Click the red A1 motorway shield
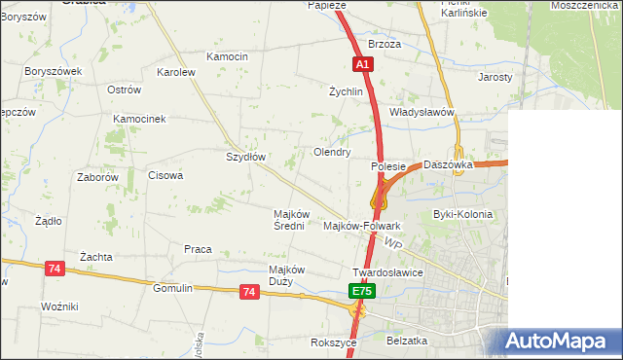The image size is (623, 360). [362, 63]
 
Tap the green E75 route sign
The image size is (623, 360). [361, 291]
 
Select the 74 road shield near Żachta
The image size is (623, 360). [55, 269]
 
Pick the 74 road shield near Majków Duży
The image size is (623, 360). [249, 292]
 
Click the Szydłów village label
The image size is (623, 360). [245, 157]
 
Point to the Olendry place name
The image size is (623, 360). [331, 153]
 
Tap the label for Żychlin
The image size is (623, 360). [346, 92]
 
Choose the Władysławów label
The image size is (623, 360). [422, 112]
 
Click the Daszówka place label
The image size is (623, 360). [448, 165]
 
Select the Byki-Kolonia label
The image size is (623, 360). [462, 214]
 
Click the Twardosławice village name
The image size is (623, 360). [387, 272]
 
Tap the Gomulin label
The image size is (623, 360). [173, 288]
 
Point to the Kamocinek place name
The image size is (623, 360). [140, 119]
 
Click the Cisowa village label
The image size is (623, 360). [165, 176]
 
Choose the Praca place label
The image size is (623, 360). [198, 249]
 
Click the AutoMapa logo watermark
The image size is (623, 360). [559, 341]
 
